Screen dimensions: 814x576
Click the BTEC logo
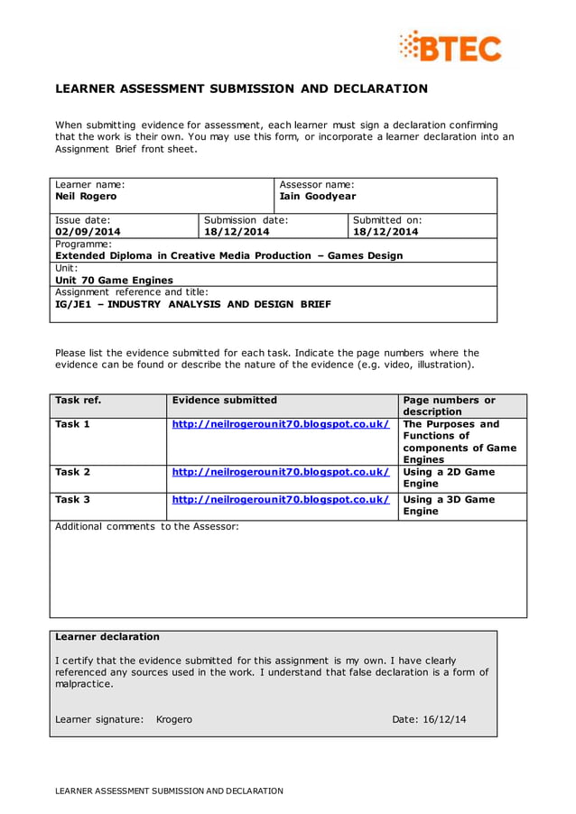coord(451,46)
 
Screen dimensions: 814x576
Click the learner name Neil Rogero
coord(86,196)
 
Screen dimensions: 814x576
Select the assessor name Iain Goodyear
coord(318,196)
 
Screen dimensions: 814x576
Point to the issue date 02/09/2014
coord(88,231)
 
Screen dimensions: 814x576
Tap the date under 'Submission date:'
coord(237,231)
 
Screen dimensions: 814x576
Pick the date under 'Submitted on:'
coord(386,231)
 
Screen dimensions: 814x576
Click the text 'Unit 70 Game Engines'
coord(101,280)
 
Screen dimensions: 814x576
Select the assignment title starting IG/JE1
coord(192,304)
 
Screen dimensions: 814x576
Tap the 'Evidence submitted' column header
coord(224,400)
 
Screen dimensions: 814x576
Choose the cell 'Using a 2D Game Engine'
coord(449,477)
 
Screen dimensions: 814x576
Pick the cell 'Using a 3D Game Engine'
coord(449,504)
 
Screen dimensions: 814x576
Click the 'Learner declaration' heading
coord(107,636)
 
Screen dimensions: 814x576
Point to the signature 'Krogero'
coord(173,719)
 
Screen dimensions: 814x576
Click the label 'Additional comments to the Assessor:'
coord(146,526)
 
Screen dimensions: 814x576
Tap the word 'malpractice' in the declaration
coord(84,684)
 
